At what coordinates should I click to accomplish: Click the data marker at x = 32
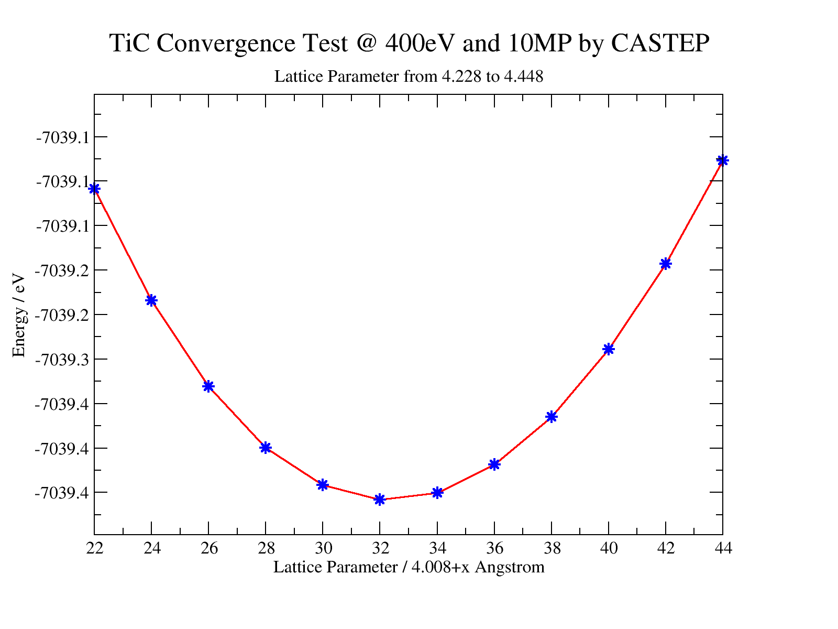click(x=380, y=499)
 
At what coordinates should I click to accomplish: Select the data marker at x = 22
click(x=94, y=189)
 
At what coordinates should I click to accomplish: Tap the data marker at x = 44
click(x=722, y=160)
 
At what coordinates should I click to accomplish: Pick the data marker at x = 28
click(x=266, y=448)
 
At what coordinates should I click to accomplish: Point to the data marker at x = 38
click(x=552, y=417)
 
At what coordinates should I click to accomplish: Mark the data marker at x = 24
click(x=151, y=300)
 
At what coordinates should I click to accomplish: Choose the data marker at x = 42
click(x=666, y=264)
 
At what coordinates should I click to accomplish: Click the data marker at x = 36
click(x=494, y=464)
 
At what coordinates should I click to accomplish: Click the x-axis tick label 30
click(x=323, y=549)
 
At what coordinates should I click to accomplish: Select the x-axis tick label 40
click(x=609, y=549)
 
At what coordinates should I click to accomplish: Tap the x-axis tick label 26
click(x=208, y=549)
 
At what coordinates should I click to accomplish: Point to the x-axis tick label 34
click(x=437, y=549)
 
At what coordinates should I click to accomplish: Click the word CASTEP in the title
click(x=660, y=43)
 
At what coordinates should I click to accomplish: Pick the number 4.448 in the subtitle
click(x=523, y=77)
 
